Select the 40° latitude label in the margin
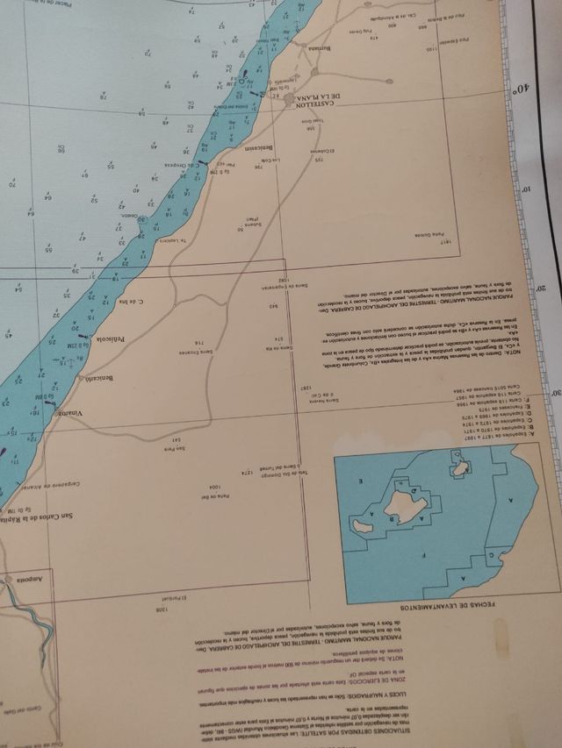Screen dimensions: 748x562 click(522, 89)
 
